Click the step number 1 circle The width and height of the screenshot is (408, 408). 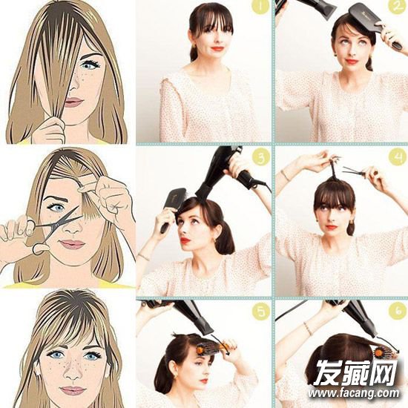tap(260, 6)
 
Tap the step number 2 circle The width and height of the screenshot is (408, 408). tap(397, 6)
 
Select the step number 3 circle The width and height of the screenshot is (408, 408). tap(260, 157)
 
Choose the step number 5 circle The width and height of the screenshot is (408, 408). tap(260, 310)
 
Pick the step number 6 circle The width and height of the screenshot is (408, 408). tap(397, 310)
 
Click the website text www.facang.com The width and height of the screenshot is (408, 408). tap(354, 393)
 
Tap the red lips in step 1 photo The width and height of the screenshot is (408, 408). tap(217, 48)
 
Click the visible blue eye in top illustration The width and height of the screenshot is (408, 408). tap(90, 65)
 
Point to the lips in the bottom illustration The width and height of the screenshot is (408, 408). tap(73, 390)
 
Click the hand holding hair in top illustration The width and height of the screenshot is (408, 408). tap(50, 130)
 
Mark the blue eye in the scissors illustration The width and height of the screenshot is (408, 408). tap(57, 208)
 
